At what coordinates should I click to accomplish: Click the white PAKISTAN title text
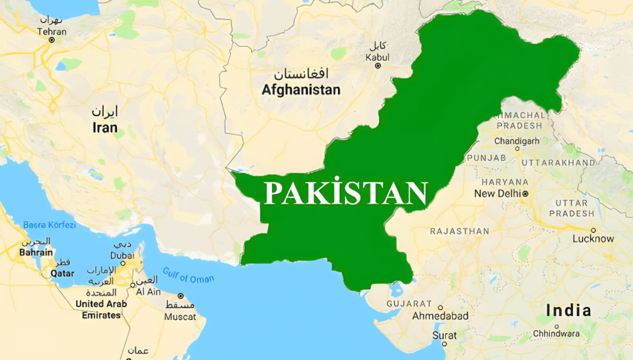(346, 193)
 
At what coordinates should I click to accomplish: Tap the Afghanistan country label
(301, 90)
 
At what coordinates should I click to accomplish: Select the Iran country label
(105, 128)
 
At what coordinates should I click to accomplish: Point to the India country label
(568, 311)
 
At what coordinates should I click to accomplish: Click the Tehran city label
(52, 31)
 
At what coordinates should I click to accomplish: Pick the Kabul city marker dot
(378, 66)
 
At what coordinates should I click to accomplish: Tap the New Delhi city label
(497, 193)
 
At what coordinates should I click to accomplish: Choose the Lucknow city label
(593, 239)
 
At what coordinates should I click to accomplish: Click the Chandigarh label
(517, 141)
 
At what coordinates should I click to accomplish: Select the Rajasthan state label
(460, 231)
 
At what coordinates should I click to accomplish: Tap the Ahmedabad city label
(440, 316)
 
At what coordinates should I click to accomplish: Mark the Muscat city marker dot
(181, 296)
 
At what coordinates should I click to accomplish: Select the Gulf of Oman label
(188, 276)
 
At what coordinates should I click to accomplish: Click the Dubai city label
(122, 255)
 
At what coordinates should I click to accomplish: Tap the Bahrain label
(36, 252)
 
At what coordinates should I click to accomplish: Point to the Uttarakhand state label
(558, 163)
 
